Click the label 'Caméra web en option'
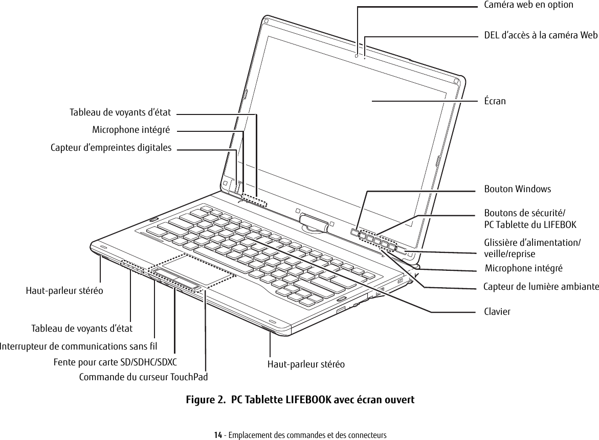pos(528,5)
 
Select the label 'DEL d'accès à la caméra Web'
pos(541,35)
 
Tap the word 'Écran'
pos(495,101)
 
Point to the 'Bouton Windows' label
pos(518,189)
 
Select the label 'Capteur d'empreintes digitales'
pos(111,148)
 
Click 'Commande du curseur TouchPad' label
pos(144,377)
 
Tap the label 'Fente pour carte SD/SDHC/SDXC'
pos(115,363)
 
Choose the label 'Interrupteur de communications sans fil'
pos(79,346)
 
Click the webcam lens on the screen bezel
pos(356,55)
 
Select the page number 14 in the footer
pos(217,435)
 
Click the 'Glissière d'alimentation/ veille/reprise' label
pos(532,248)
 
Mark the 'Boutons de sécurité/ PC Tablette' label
pos(530,219)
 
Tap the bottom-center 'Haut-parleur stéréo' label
pos(306,364)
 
